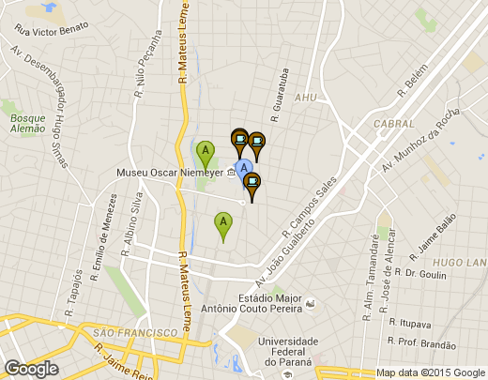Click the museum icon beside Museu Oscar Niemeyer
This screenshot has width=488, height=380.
(x=231, y=173)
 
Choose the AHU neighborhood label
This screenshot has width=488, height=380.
(x=306, y=97)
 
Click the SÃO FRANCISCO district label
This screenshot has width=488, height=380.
(x=129, y=332)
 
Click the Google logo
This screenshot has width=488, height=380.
(x=32, y=368)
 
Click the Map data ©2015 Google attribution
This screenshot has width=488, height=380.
(x=430, y=372)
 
